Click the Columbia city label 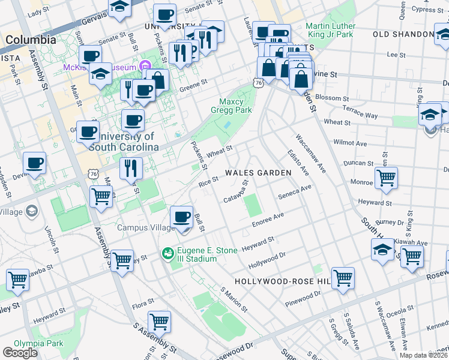pos(31,40)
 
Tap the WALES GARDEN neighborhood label pos(258,173)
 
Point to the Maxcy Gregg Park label pos(230,104)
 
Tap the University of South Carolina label pos(124,142)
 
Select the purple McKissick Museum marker pos(145,67)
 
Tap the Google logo pos(20,353)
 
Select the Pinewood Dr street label pos(304,296)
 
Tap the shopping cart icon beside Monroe pos(386,177)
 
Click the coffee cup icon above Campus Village pos(181,217)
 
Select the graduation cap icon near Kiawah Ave pos(382,249)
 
